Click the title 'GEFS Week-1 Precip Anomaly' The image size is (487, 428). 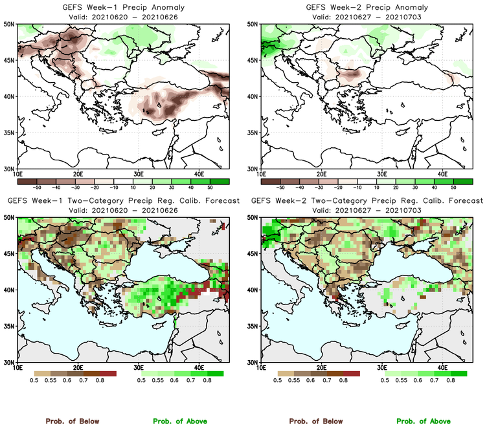click(x=122, y=8)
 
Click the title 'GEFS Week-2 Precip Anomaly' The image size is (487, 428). click(x=366, y=8)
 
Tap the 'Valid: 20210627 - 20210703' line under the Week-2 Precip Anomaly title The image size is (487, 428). click(x=366, y=16)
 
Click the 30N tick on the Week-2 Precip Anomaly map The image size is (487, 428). click(x=253, y=169)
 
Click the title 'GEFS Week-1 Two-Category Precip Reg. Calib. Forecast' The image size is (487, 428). click(x=123, y=200)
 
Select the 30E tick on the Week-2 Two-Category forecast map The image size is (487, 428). click(x=383, y=367)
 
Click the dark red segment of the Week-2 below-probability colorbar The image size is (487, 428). click(x=350, y=374)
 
